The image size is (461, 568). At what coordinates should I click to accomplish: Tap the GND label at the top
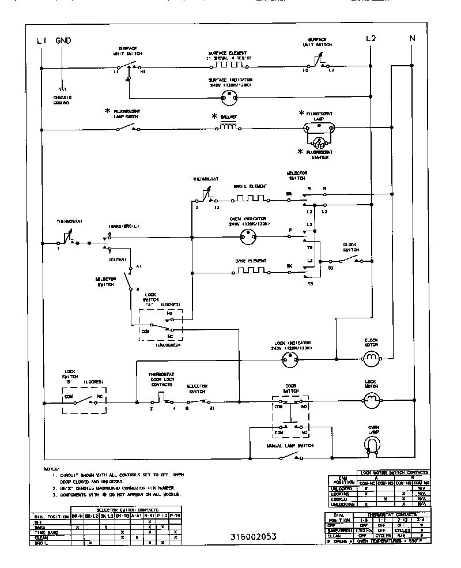click(x=63, y=40)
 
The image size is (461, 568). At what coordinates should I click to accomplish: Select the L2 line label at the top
click(x=371, y=38)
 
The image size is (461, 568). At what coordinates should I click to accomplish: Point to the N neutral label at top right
click(x=412, y=38)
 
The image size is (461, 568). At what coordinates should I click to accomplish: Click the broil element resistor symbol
click(x=250, y=198)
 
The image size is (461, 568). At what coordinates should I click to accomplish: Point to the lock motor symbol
click(x=372, y=398)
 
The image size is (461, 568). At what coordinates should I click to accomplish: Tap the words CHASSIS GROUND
click(x=62, y=100)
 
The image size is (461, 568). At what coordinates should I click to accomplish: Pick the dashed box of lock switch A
click(x=160, y=324)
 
